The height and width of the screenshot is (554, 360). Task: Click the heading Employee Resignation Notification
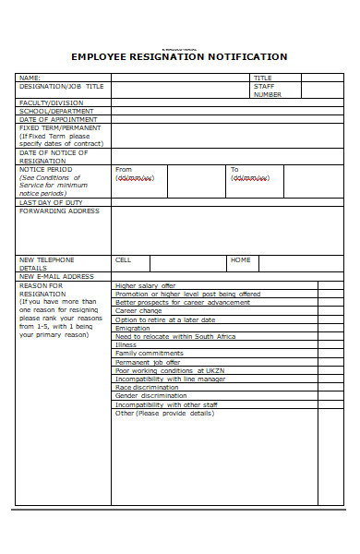(x=179, y=57)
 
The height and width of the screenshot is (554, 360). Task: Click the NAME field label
(x=30, y=78)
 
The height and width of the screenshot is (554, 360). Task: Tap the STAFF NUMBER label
(x=267, y=90)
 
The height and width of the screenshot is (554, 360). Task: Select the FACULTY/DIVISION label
(x=51, y=102)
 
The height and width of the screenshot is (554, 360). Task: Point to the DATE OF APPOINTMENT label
(x=57, y=119)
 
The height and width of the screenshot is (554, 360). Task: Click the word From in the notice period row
(x=124, y=170)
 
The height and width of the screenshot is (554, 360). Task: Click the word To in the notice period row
(x=234, y=170)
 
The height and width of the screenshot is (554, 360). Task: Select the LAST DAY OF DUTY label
(x=51, y=202)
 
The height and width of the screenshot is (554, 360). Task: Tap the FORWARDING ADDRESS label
(x=59, y=211)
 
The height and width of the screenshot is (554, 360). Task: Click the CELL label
(x=123, y=260)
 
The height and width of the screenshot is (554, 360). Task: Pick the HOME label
(x=240, y=260)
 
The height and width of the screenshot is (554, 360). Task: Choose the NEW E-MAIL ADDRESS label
(x=56, y=276)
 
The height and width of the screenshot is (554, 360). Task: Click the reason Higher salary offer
(x=145, y=286)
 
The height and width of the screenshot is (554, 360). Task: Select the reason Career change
(x=138, y=311)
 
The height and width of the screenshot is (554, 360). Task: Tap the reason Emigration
(x=132, y=328)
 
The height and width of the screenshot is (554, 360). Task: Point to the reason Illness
(x=126, y=344)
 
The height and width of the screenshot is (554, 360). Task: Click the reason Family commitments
(x=149, y=353)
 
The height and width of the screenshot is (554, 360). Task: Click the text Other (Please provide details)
(x=164, y=413)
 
